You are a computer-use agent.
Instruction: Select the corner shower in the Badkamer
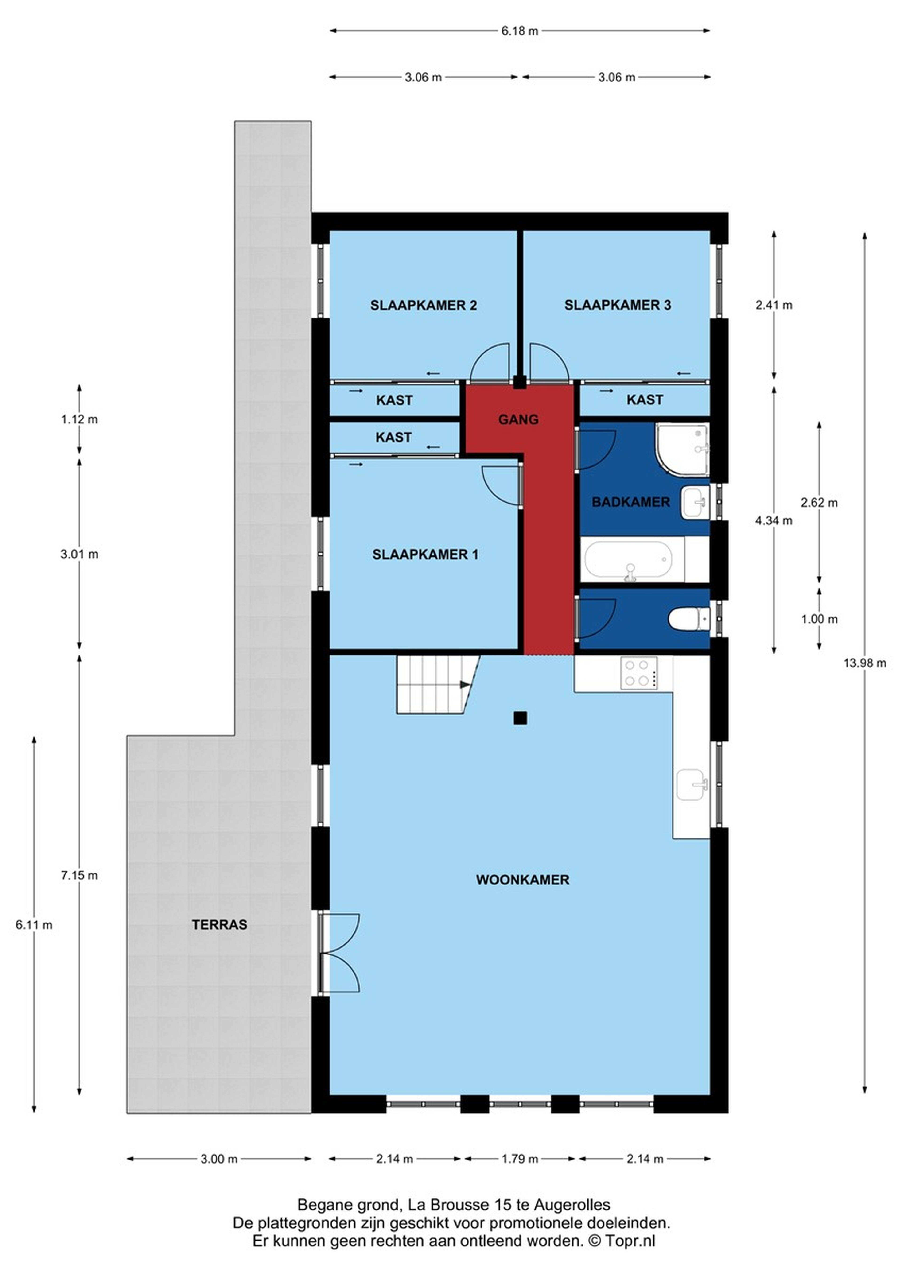pyautogui.click(x=682, y=450)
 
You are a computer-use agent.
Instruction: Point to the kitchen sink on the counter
pyautogui.click(x=692, y=785)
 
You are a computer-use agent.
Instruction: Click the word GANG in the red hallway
pyautogui.click(x=518, y=420)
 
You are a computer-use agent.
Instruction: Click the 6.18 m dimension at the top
pyautogui.click(x=520, y=31)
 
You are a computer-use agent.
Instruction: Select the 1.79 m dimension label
pyautogui.click(x=520, y=1159)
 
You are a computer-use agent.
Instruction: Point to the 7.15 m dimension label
pyautogui.click(x=79, y=875)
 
